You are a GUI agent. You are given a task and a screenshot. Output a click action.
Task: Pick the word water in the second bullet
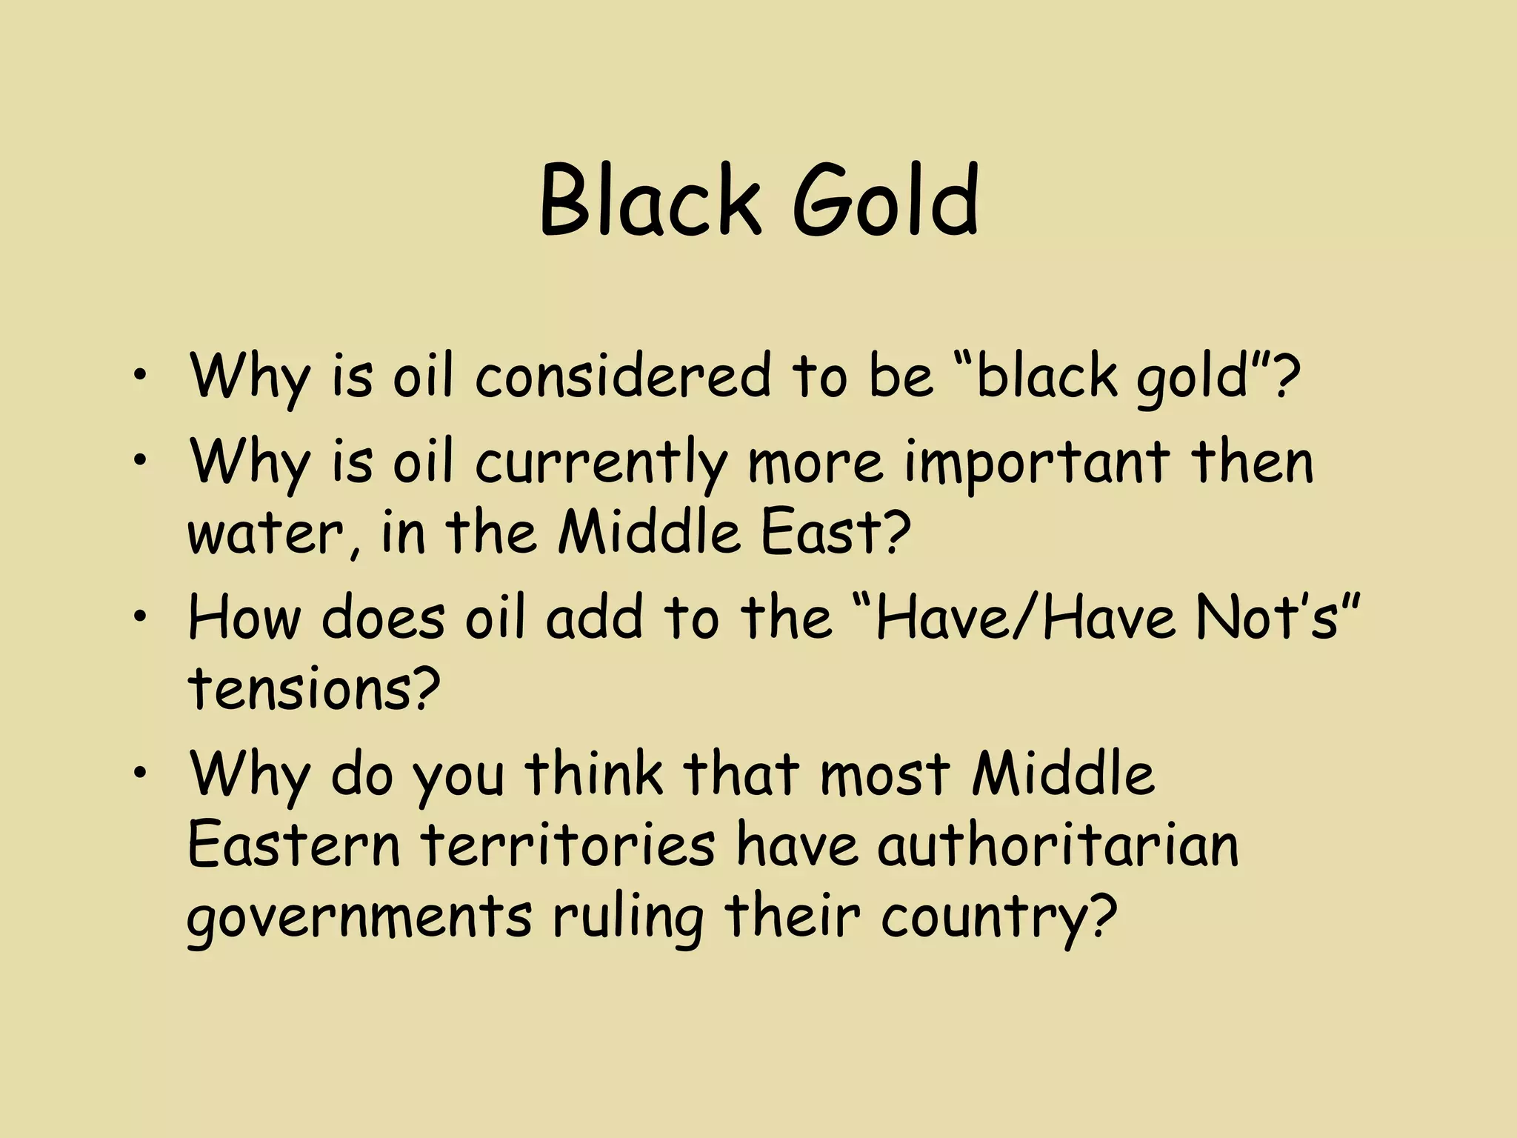pyautogui.click(x=274, y=533)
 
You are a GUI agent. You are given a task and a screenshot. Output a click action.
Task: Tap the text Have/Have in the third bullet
pyautogui.click(x=1026, y=616)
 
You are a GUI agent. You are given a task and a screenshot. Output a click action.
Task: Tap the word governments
pyautogui.click(x=359, y=916)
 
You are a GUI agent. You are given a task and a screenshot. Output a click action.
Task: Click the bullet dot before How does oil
pyautogui.click(x=141, y=617)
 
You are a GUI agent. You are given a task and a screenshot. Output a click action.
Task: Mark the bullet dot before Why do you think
pyautogui.click(x=141, y=773)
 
